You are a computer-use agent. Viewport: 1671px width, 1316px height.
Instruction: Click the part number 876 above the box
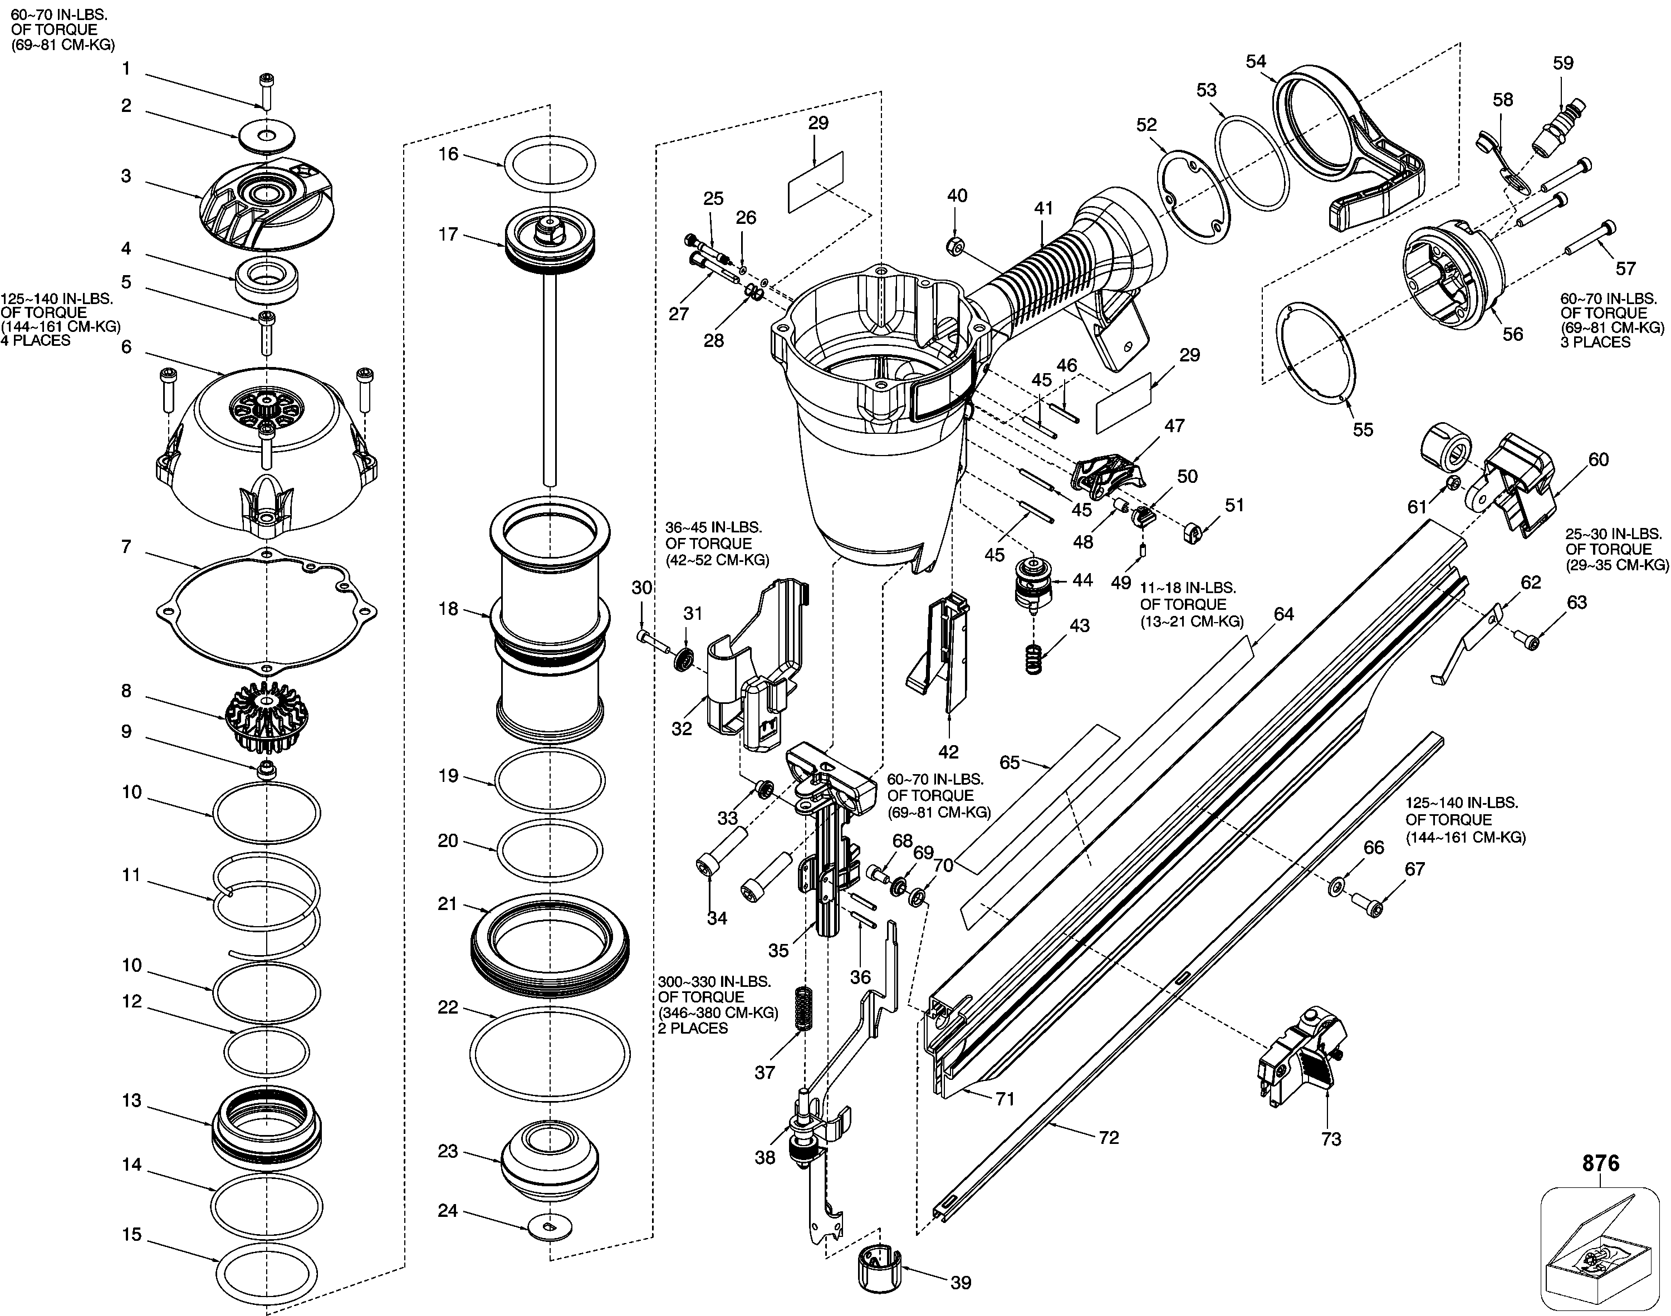point(1601,1163)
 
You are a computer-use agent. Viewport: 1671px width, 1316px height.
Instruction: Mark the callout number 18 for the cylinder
point(448,609)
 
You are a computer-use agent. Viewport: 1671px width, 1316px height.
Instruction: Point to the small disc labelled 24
point(548,1226)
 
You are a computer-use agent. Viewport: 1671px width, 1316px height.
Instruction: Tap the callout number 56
point(1513,334)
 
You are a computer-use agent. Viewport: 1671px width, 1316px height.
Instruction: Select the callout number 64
point(1283,614)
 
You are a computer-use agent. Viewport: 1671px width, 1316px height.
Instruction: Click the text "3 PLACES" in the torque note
point(1595,341)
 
